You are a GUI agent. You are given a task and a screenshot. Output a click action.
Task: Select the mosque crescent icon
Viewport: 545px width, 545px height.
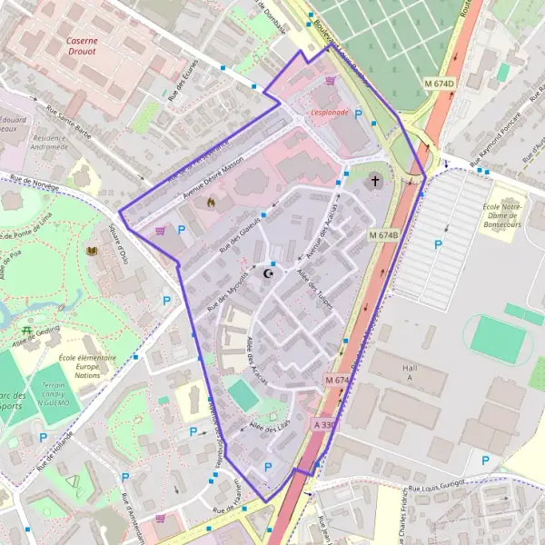(x=268, y=272)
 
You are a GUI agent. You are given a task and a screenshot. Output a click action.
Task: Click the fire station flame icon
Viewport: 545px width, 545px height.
(x=212, y=202)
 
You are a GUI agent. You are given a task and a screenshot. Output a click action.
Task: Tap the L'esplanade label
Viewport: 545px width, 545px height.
(x=329, y=113)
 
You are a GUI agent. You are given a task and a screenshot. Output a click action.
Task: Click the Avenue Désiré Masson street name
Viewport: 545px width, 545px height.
(x=214, y=178)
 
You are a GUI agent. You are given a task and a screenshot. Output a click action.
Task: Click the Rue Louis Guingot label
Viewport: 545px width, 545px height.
(x=436, y=489)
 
